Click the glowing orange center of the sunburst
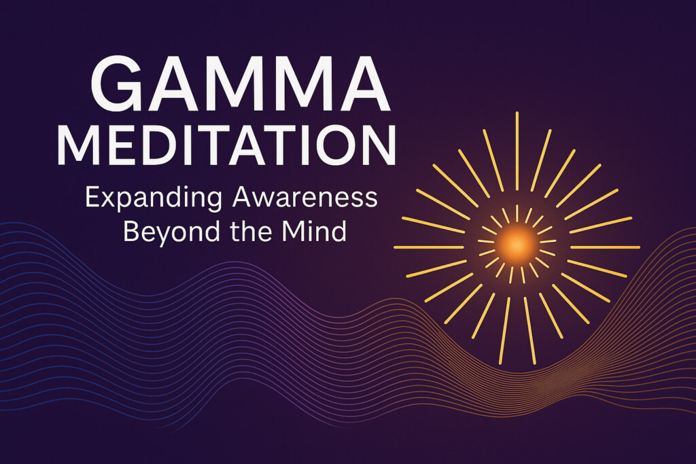click(x=516, y=243)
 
